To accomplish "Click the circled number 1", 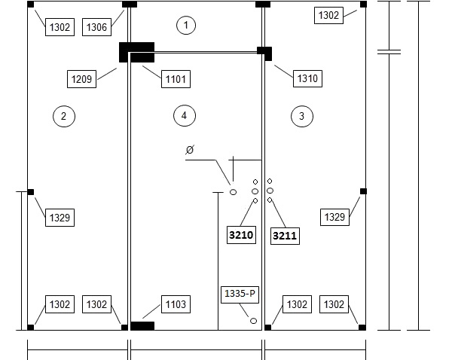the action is [186, 26].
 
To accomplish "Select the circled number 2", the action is [64, 116].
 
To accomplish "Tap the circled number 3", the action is [302, 116].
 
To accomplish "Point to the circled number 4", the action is [185, 115].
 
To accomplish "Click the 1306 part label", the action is [96, 27].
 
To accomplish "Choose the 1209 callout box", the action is [81, 79].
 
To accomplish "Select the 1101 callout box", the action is [176, 78].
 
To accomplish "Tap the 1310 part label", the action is [307, 78].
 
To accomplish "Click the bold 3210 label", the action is [241, 235].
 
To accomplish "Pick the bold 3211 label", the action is [285, 236].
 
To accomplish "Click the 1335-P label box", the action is [240, 294].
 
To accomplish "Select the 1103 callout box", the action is [176, 304].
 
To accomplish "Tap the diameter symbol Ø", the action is [190, 150].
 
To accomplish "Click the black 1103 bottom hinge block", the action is [142, 326].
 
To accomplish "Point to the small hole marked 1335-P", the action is [253, 321].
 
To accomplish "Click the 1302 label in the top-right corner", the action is [328, 15].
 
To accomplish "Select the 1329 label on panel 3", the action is [334, 217].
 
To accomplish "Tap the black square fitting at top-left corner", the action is [30, 5].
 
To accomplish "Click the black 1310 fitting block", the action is [265, 53].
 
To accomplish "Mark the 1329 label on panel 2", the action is [60, 218].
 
